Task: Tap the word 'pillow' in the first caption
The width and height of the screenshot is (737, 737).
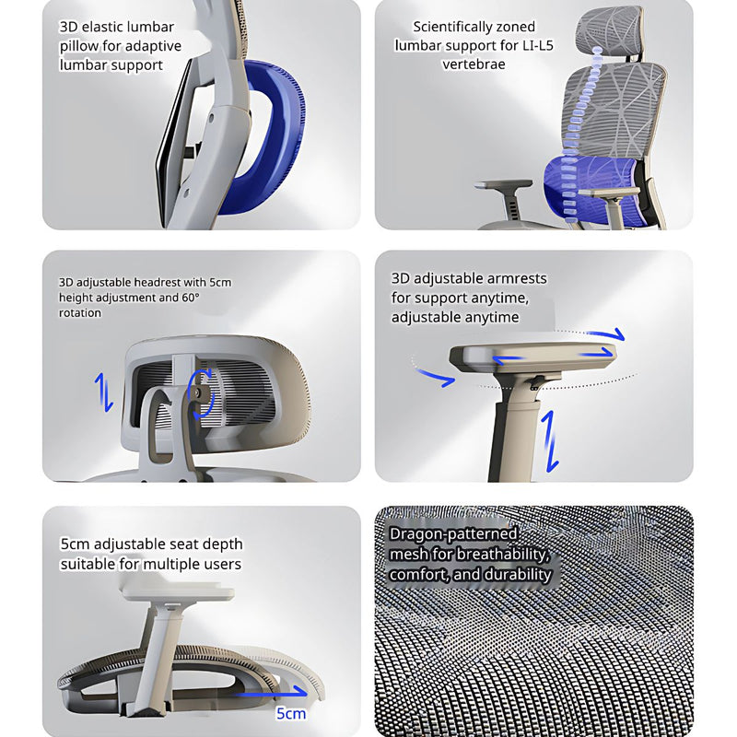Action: pos(81,46)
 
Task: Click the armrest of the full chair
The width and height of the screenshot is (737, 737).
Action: pos(504,185)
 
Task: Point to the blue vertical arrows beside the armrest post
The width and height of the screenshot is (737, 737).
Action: pos(550,440)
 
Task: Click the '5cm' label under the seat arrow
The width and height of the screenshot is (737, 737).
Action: pos(290,713)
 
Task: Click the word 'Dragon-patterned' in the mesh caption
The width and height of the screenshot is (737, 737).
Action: pos(453,534)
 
